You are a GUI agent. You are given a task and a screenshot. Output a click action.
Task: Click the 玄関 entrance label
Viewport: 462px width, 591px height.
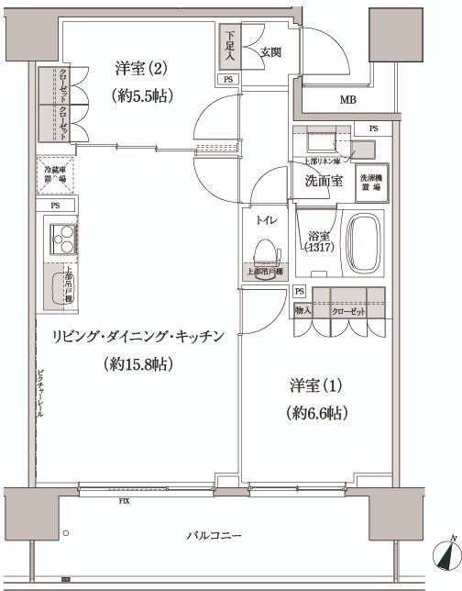pyautogui.click(x=269, y=52)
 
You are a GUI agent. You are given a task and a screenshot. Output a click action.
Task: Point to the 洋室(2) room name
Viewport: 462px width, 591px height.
pyautogui.click(x=142, y=68)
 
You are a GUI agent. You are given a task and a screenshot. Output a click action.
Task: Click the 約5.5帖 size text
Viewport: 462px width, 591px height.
pyautogui.click(x=142, y=95)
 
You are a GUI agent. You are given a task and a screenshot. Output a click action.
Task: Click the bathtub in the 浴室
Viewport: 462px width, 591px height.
pyautogui.click(x=364, y=243)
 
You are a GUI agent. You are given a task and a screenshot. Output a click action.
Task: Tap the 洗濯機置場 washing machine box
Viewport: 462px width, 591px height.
pyautogui.click(x=370, y=181)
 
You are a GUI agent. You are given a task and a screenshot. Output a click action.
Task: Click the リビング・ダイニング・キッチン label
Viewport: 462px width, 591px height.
pyautogui.click(x=138, y=337)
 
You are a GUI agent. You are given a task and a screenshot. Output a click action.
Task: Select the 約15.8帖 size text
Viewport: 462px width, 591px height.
pyautogui.click(x=138, y=364)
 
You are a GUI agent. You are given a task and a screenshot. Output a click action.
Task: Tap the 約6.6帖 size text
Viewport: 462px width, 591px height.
pyautogui.click(x=313, y=413)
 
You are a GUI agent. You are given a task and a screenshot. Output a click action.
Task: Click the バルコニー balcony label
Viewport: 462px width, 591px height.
pyautogui.click(x=212, y=535)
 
